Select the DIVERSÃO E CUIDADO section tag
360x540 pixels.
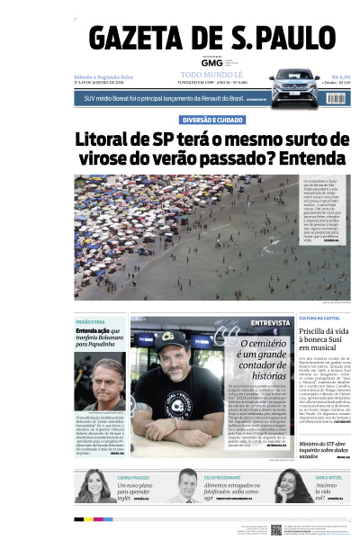click(211, 119)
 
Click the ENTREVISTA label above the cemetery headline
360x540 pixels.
click(270, 322)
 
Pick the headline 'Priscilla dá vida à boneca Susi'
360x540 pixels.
click(321, 336)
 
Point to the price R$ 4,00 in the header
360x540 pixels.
click(340, 77)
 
